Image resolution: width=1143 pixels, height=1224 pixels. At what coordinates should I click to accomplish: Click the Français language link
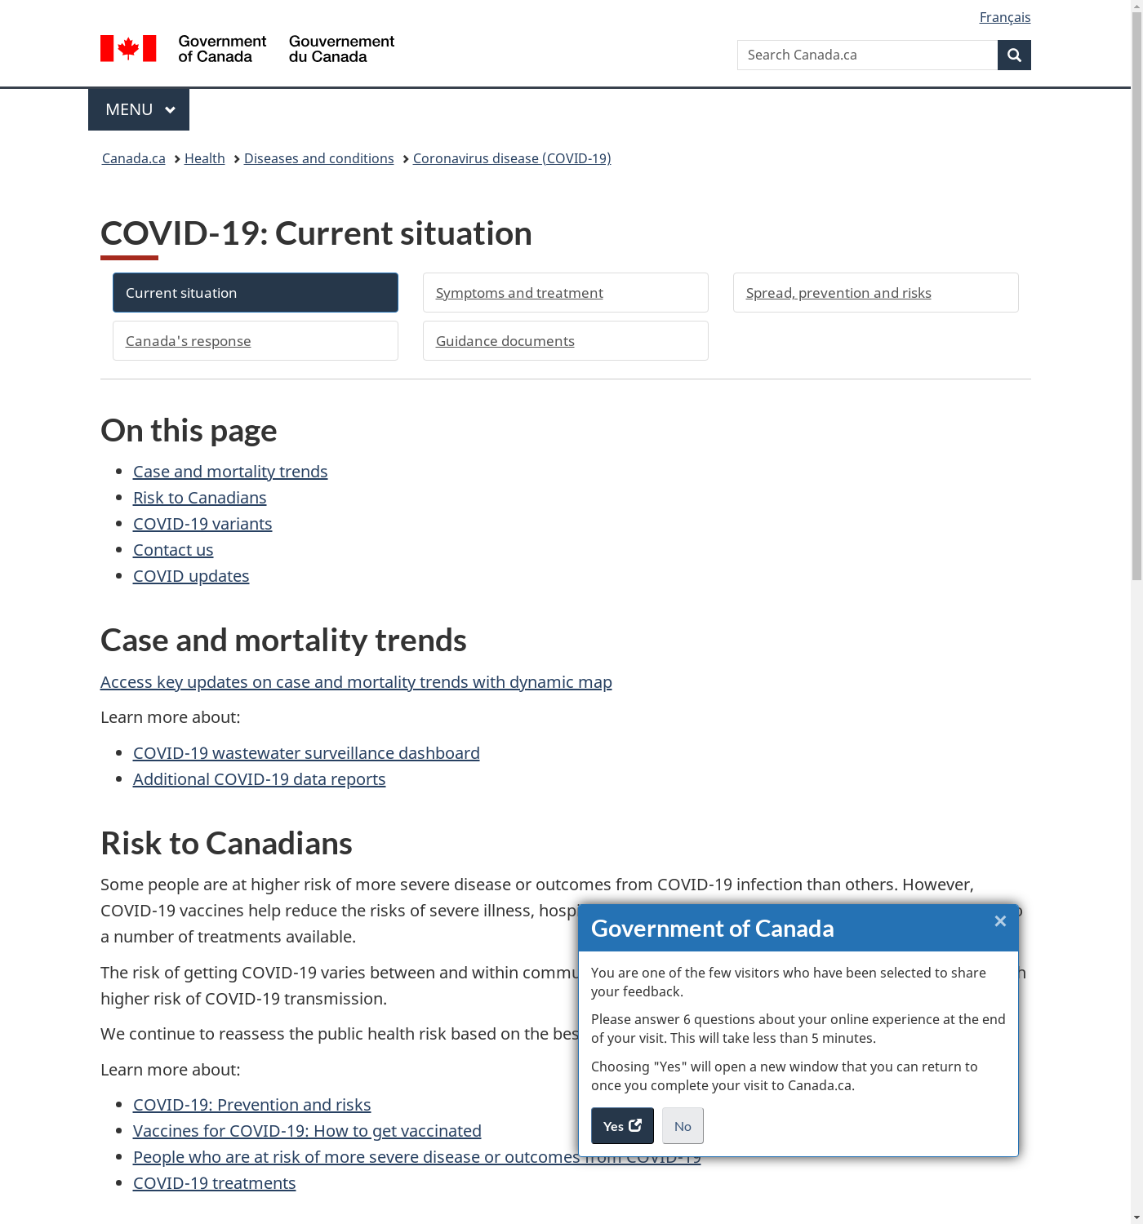click(x=1004, y=17)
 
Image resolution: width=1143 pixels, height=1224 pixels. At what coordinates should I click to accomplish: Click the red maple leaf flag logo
click(x=128, y=48)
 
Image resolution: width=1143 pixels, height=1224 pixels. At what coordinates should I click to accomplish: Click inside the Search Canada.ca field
click(x=866, y=55)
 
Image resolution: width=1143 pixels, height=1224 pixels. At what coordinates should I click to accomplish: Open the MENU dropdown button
click(x=139, y=109)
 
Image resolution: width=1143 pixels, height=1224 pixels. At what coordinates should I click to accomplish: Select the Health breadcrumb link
click(x=204, y=158)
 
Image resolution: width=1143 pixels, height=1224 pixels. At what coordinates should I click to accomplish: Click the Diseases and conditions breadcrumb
click(x=318, y=158)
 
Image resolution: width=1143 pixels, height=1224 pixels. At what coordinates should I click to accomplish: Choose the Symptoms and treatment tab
click(x=565, y=293)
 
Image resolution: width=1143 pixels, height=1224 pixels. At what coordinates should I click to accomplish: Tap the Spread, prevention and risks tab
click(x=875, y=293)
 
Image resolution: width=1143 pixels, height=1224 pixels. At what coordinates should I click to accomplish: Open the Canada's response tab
click(x=255, y=341)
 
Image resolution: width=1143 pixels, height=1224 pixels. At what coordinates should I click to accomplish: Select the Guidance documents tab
click(x=565, y=341)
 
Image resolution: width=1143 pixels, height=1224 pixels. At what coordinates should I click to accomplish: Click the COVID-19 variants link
click(x=202, y=524)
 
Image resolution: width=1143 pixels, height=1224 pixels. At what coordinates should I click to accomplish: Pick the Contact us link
click(x=173, y=550)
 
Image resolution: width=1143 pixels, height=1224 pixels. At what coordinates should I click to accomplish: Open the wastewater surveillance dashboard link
click(x=306, y=753)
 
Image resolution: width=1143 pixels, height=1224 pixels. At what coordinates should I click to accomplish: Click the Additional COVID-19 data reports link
click(x=259, y=779)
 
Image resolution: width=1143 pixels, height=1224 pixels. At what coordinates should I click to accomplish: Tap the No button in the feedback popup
click(x=683, y=1126)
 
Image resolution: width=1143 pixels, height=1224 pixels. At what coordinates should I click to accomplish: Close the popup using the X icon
click(x=1000, y=921)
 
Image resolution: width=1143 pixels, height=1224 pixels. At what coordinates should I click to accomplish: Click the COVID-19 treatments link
click(x=214, y=1183)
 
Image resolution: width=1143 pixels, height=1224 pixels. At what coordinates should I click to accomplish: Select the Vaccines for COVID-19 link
click(x=307, y=1131)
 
